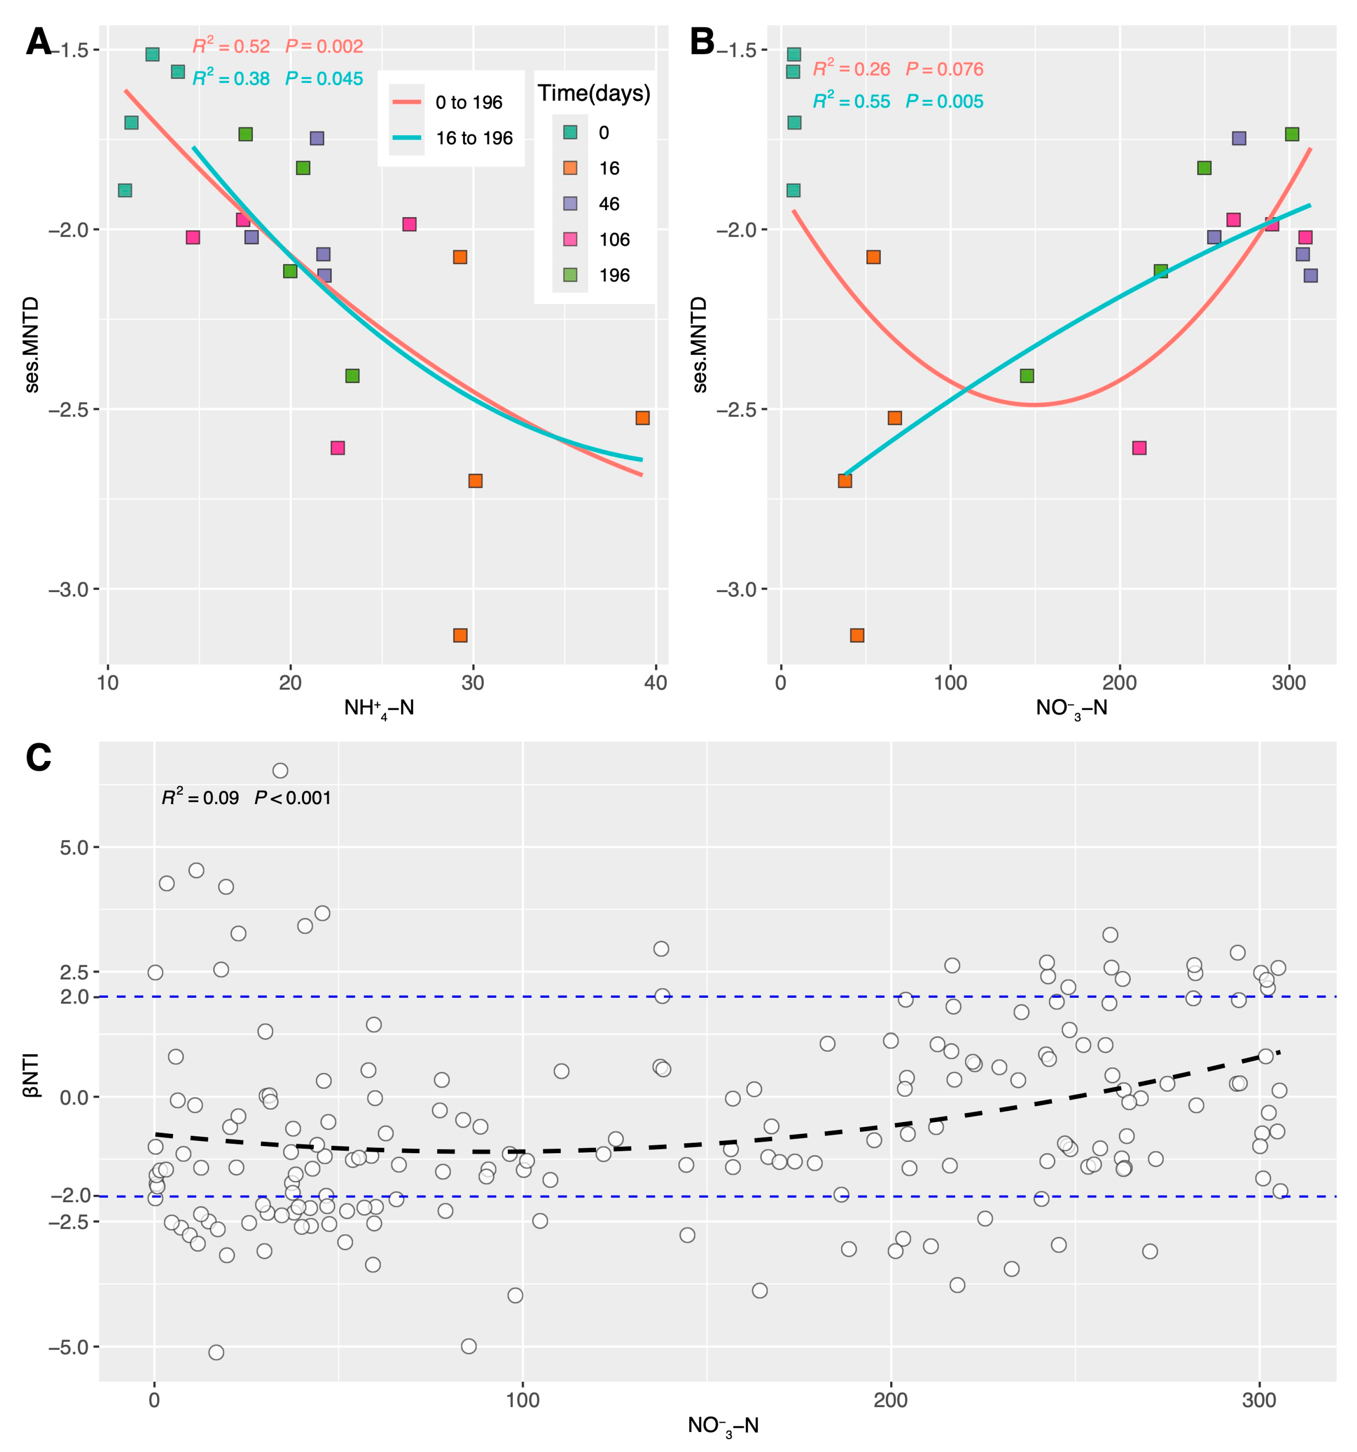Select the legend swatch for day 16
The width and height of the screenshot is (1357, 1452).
(x=570, y=168)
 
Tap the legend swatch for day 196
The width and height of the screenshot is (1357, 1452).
(x=570, y=275)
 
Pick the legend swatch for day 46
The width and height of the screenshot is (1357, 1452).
(x=570, y=204)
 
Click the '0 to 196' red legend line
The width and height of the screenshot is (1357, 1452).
(x=406, y=102)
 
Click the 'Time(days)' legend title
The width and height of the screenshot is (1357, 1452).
(x=593, y=94)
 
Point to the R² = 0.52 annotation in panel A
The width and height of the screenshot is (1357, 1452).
(x=231, y=47)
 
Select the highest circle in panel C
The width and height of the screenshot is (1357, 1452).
(x=280, y=770)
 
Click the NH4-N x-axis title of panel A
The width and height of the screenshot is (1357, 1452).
(x=378, y=708)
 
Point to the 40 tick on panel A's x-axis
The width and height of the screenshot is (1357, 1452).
(x=655, y=683)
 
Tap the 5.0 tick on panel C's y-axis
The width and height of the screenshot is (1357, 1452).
(x=73, y=847)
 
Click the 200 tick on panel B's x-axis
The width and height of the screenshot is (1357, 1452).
(x=1119, y=683)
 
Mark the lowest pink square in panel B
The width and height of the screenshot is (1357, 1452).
(x=1139, y=448)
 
